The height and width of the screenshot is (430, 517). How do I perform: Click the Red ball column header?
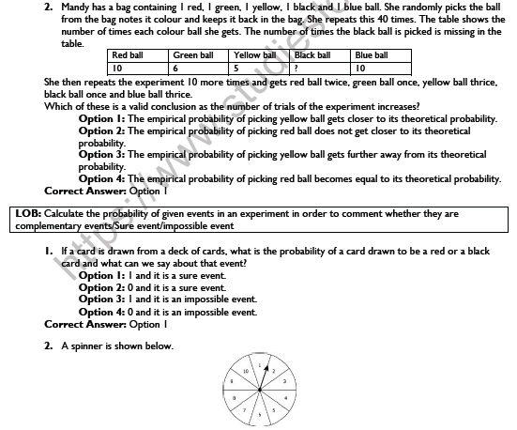(x=127, y=55)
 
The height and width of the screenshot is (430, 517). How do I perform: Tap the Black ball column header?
(x=312, y=55)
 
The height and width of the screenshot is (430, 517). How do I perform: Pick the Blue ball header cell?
(x=372, y=55)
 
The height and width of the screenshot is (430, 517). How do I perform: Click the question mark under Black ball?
(x=297, y=69)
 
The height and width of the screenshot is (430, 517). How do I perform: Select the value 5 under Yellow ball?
(x=236, y=69)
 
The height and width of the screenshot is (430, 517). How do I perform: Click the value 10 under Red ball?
(x=117, y=69)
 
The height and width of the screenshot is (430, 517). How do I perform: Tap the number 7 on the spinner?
(x=244, y=409)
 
